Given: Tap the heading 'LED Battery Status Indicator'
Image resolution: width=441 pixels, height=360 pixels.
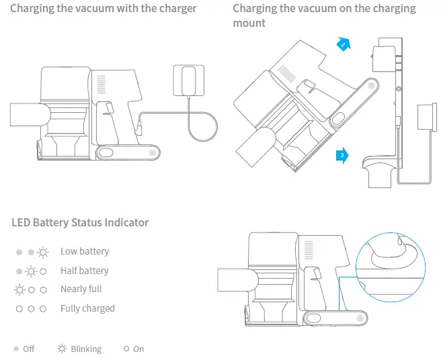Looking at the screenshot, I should (80, 222).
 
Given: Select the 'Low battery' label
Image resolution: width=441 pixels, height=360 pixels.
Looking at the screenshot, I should (84, 251).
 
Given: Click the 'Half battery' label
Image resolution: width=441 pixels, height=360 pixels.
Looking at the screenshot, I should (84, 271).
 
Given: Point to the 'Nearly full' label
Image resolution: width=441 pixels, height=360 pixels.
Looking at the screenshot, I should (81, 289).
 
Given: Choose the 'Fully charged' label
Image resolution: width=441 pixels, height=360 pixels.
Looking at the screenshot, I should (87, 308).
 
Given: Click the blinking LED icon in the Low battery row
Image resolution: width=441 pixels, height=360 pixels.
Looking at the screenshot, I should (43, 252).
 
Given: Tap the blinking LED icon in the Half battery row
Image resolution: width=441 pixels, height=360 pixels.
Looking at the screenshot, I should (31, 271).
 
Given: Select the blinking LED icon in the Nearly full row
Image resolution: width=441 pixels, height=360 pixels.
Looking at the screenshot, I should (19, 289).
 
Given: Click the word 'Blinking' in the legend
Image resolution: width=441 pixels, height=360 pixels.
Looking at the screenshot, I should (86, 349).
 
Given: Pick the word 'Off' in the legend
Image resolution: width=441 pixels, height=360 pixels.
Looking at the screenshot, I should (29, 349).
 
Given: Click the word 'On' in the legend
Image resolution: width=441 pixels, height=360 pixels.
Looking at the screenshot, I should (138, 349).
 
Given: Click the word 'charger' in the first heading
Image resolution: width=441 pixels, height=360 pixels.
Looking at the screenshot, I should (175, 9).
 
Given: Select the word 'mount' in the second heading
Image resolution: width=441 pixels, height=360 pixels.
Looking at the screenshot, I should (249, 24).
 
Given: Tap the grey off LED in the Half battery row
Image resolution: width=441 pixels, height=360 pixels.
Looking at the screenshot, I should (19, 271).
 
